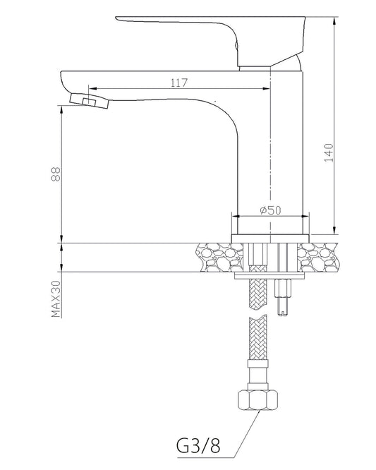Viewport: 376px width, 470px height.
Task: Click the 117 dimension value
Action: click(x=178, y=83)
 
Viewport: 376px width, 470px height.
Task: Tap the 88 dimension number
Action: click(x=56, y=174)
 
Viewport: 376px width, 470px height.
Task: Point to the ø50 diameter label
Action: click(x=271, y=210)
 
